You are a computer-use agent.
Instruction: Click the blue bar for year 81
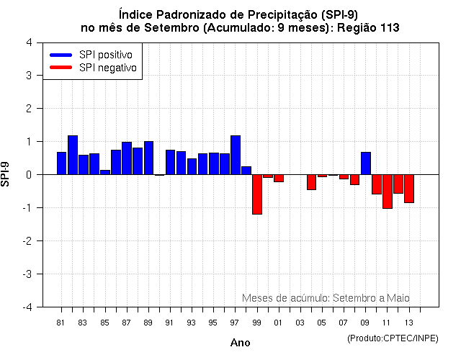61,163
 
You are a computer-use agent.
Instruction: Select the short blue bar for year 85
105,172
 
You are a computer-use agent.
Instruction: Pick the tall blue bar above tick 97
236,155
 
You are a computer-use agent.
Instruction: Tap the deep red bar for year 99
257,194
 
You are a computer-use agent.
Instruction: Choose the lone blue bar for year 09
366,163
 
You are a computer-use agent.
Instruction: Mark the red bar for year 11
388,192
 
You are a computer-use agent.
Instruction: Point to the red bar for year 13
409,189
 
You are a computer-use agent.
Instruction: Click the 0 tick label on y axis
28,175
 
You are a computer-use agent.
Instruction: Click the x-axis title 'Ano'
240,343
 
